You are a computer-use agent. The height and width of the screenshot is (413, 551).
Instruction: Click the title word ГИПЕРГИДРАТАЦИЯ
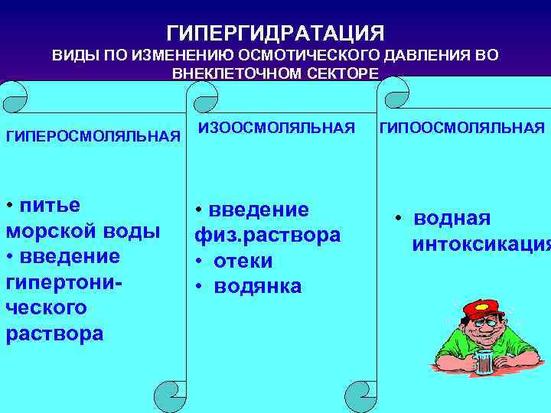[275, 34]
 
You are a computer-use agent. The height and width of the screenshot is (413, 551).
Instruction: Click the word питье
[51, 206]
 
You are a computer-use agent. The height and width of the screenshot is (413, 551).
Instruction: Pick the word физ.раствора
[267, 235]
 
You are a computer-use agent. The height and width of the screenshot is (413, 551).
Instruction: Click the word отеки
[243, 261]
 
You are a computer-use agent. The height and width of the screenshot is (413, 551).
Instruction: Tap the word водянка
[258, 286]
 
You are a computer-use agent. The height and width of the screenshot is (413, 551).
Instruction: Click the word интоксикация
[481, 245]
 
